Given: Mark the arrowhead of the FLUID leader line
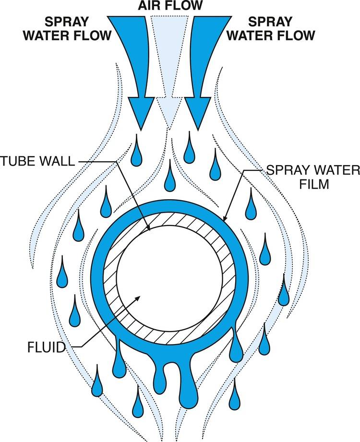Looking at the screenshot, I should (x=139, y=298).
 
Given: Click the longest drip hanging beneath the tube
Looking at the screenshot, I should (x=188, y=389).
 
